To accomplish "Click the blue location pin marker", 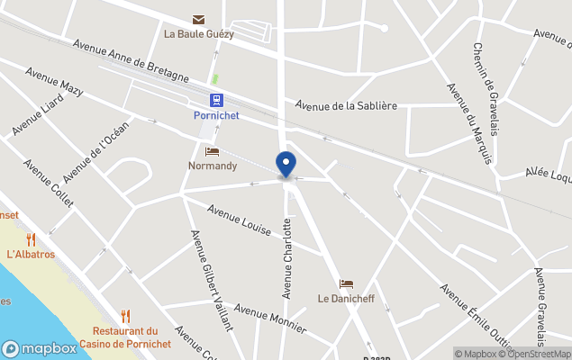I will (286, 165).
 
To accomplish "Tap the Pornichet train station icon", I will (216, 100).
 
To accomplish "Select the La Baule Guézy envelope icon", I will (198, 19).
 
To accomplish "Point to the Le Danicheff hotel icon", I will (346, 283).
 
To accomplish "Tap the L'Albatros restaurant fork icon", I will (31, 239).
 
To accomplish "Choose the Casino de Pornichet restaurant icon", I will (125, 316).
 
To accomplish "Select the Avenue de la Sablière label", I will (346, 105).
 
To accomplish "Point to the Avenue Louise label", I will (239, 220).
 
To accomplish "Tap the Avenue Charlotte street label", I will (287, 258).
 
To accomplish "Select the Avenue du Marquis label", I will (469, 123).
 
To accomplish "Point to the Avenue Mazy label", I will (54, 82).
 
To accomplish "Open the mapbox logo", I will (39, 348).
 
